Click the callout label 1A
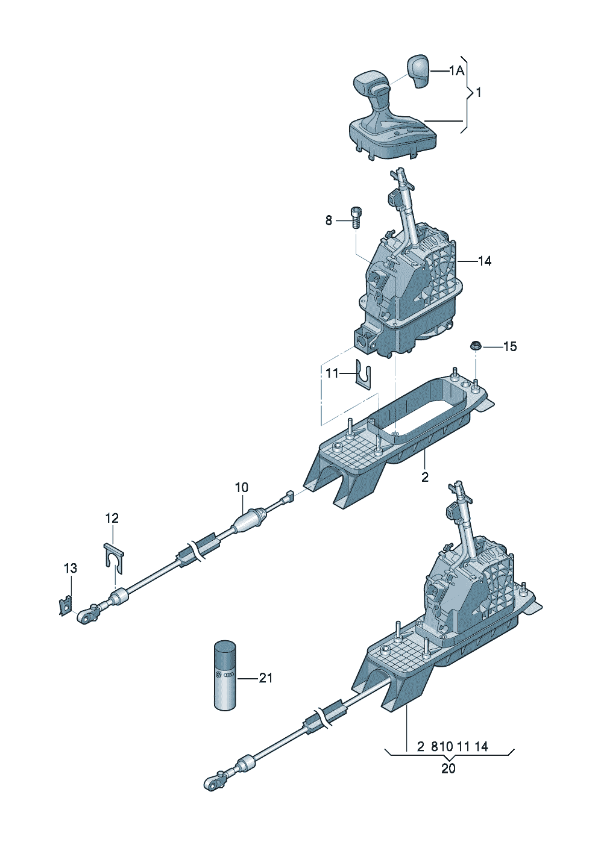pyautogui.click(x=456, y=71)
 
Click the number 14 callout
pyautogui.click(x=484, y=261)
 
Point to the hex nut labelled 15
pyautogui.click(x=475, y=346)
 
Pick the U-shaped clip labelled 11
pyautogui.click(x=363, y=375)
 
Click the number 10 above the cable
pyautogui.click(x=241, y=487)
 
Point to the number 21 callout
pyautogui.click(x=265, y=678)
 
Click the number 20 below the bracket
pyautogui.click(x=448, y=769)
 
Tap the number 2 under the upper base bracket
pyautogui.click(x=425, y=477)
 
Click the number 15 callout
pyautogui.click(x=509, y=346)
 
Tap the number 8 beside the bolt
pyautogui.click(x=329, y=221)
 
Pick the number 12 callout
pyautogui.click(x=112, y=518)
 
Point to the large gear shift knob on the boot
pyautogui.click(x=369, y=83)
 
